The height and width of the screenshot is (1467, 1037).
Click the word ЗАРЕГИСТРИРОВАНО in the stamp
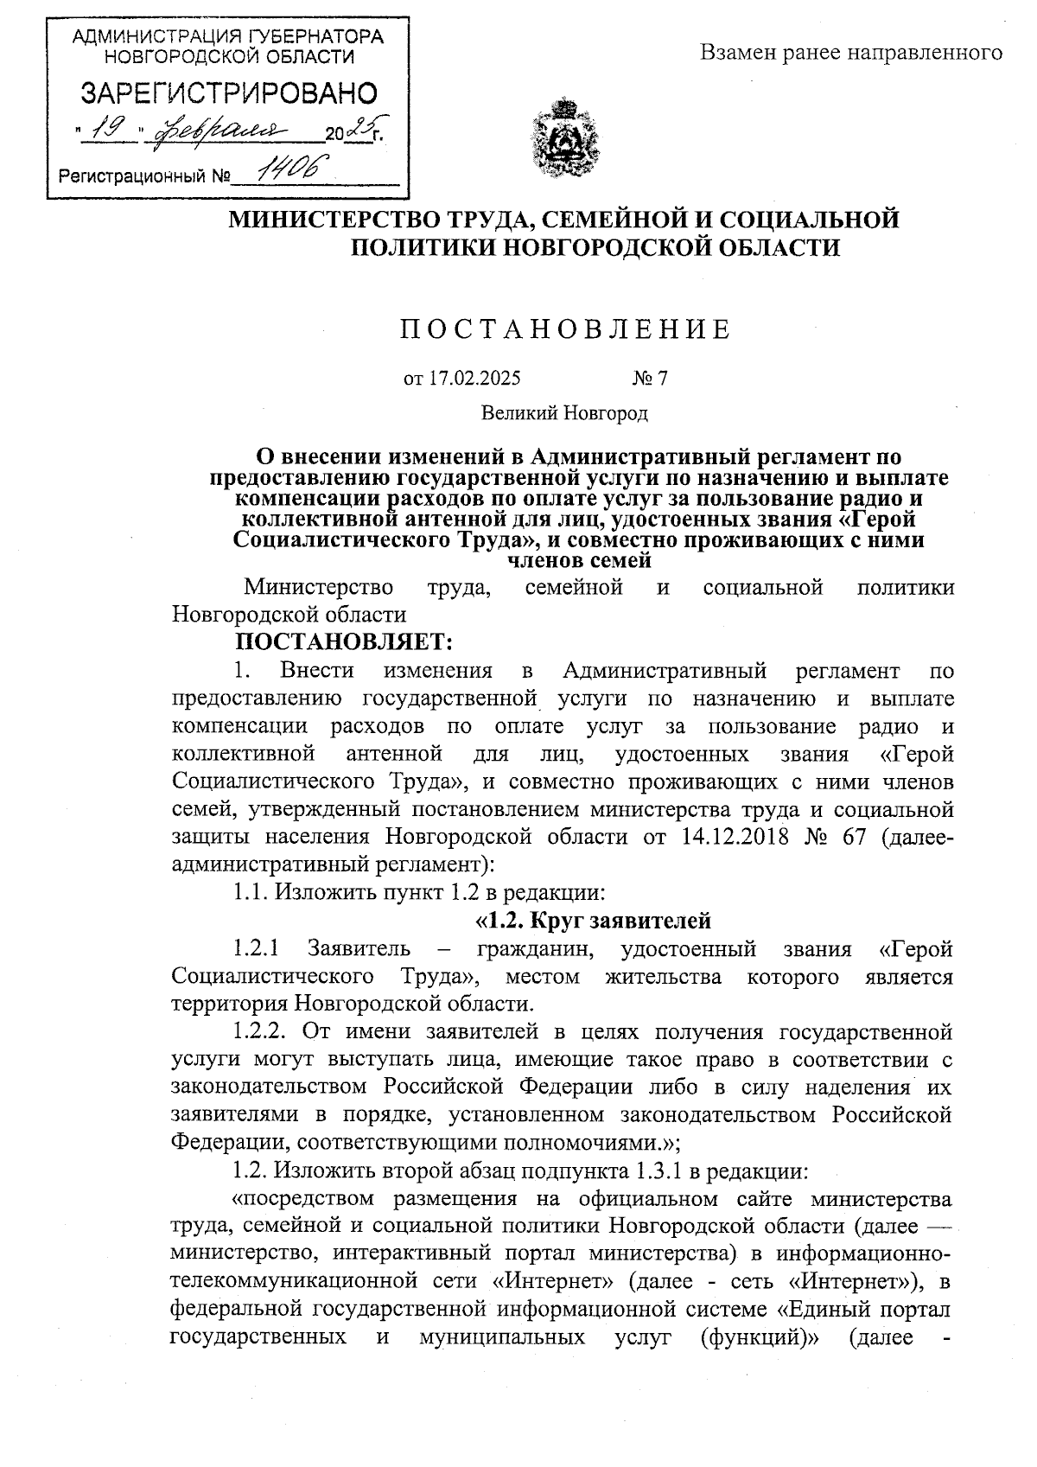pos(229,93)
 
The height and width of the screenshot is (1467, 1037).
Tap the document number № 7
pos(650,378)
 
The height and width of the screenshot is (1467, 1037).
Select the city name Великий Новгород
pos(564,413)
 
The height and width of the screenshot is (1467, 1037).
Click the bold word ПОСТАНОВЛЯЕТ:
pos(344,642)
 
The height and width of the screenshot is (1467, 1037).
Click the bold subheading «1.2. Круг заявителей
pos(593,919)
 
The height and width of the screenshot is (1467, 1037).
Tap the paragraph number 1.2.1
pos(256,948)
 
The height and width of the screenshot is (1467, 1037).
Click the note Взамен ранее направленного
pos(850,54)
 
